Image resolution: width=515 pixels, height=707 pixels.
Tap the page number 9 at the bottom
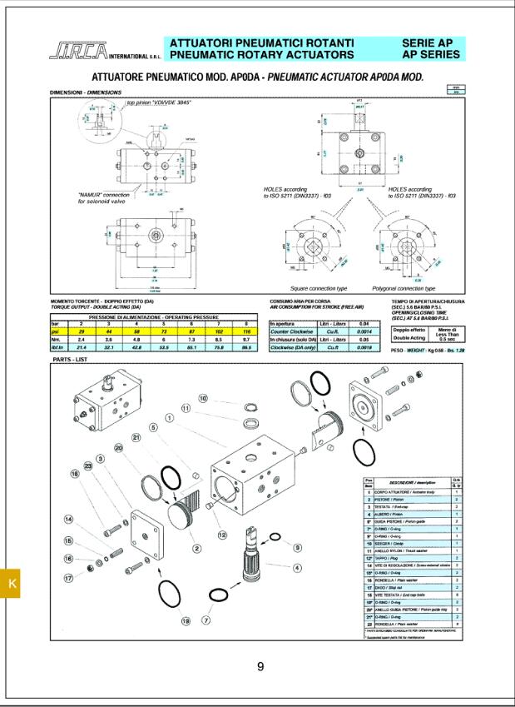[x=260, y=666]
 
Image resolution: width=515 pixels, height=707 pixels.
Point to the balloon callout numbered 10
[x=202, y=399]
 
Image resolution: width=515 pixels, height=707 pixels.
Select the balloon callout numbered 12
[x=221, y=534]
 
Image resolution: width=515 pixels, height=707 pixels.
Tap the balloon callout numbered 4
[x=298, y=568]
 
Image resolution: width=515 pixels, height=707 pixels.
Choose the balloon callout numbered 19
[x=186, y=620]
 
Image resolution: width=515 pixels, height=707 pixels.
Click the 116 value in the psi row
[x=246, y=331]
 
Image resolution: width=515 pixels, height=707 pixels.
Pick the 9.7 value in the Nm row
[x=246, y=340]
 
